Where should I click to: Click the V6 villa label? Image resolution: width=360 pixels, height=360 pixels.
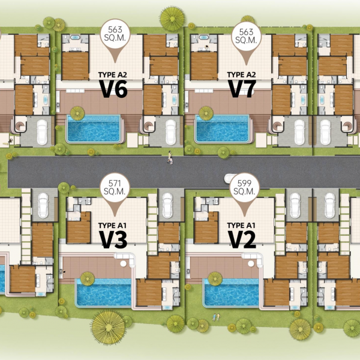point(113,89)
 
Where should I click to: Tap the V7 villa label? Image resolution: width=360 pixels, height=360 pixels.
point(242,89)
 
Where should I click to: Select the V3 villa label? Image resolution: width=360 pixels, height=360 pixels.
point(113,239)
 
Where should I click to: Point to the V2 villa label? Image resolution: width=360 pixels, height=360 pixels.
point(242,239)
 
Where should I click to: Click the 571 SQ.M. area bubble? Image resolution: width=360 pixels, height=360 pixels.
point(115,187)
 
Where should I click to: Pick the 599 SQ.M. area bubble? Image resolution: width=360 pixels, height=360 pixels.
point(244,187)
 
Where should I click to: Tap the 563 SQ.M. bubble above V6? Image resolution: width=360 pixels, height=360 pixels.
point(115,34)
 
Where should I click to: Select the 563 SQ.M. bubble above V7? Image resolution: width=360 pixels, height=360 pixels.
point(246,36)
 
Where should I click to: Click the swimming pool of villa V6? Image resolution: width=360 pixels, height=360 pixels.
point(94,128)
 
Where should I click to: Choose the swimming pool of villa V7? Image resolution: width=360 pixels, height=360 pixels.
point(223,128)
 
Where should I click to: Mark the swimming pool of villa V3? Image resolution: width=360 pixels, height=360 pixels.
point(104,293)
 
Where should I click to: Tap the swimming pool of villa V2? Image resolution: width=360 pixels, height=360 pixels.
point(232,293)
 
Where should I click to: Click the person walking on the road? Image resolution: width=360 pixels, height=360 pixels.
point(170,157)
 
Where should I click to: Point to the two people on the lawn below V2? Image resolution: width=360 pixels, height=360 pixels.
point(216,317)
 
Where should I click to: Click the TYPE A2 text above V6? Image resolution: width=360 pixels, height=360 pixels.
point(113,75)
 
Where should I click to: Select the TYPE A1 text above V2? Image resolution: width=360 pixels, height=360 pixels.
point(241,226)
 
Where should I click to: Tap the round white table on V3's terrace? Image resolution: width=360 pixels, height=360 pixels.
point(123,263)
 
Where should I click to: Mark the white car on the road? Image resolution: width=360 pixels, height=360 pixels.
point(230,178)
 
